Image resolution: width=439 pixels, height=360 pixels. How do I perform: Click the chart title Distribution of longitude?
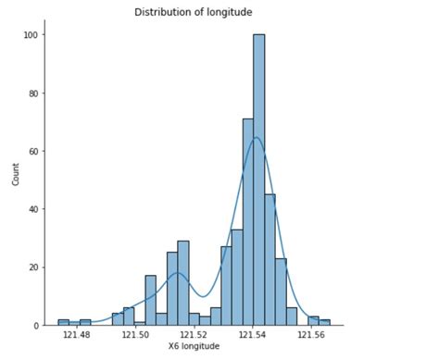coord(193,12)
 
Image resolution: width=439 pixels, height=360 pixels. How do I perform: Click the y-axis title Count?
coord(16,175)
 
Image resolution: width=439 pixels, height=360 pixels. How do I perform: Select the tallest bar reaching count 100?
coord(258,180)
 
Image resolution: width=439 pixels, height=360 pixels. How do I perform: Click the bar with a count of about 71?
coord(248,222)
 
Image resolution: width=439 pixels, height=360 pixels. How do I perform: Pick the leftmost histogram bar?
coord(63,323)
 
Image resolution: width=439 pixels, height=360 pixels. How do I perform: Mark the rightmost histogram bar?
coord(324,323)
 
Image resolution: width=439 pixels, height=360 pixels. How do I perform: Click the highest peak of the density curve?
coord(256,138)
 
